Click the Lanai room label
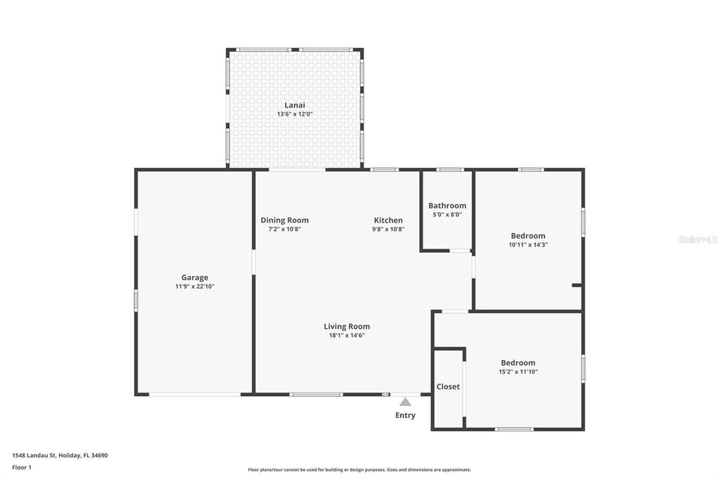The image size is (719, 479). [294, 105]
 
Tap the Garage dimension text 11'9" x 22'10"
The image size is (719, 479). [194, 287]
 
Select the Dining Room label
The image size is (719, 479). [284, 221]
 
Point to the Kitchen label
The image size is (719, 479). [388, 221]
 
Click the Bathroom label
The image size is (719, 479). [447, 206]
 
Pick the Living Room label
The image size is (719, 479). [346, 327]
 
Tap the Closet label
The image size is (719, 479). [448, 387]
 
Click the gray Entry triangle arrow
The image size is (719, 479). [405, 402]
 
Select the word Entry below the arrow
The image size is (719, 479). [405, 415]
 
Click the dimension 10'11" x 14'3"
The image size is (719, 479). [528, 245]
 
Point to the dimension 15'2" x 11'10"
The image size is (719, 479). [517, 372]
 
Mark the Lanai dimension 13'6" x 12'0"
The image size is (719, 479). [294, 114]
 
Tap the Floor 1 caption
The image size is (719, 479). [22, 467]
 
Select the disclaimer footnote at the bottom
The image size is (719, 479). [359, 470]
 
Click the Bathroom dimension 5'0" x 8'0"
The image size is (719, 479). [447, 215]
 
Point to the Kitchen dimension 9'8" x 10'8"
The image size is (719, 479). [388, 229]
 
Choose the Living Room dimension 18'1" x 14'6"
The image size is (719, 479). [346, 336]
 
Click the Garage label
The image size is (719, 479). [194, 277]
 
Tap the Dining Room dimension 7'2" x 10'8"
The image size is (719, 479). [284, 229]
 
